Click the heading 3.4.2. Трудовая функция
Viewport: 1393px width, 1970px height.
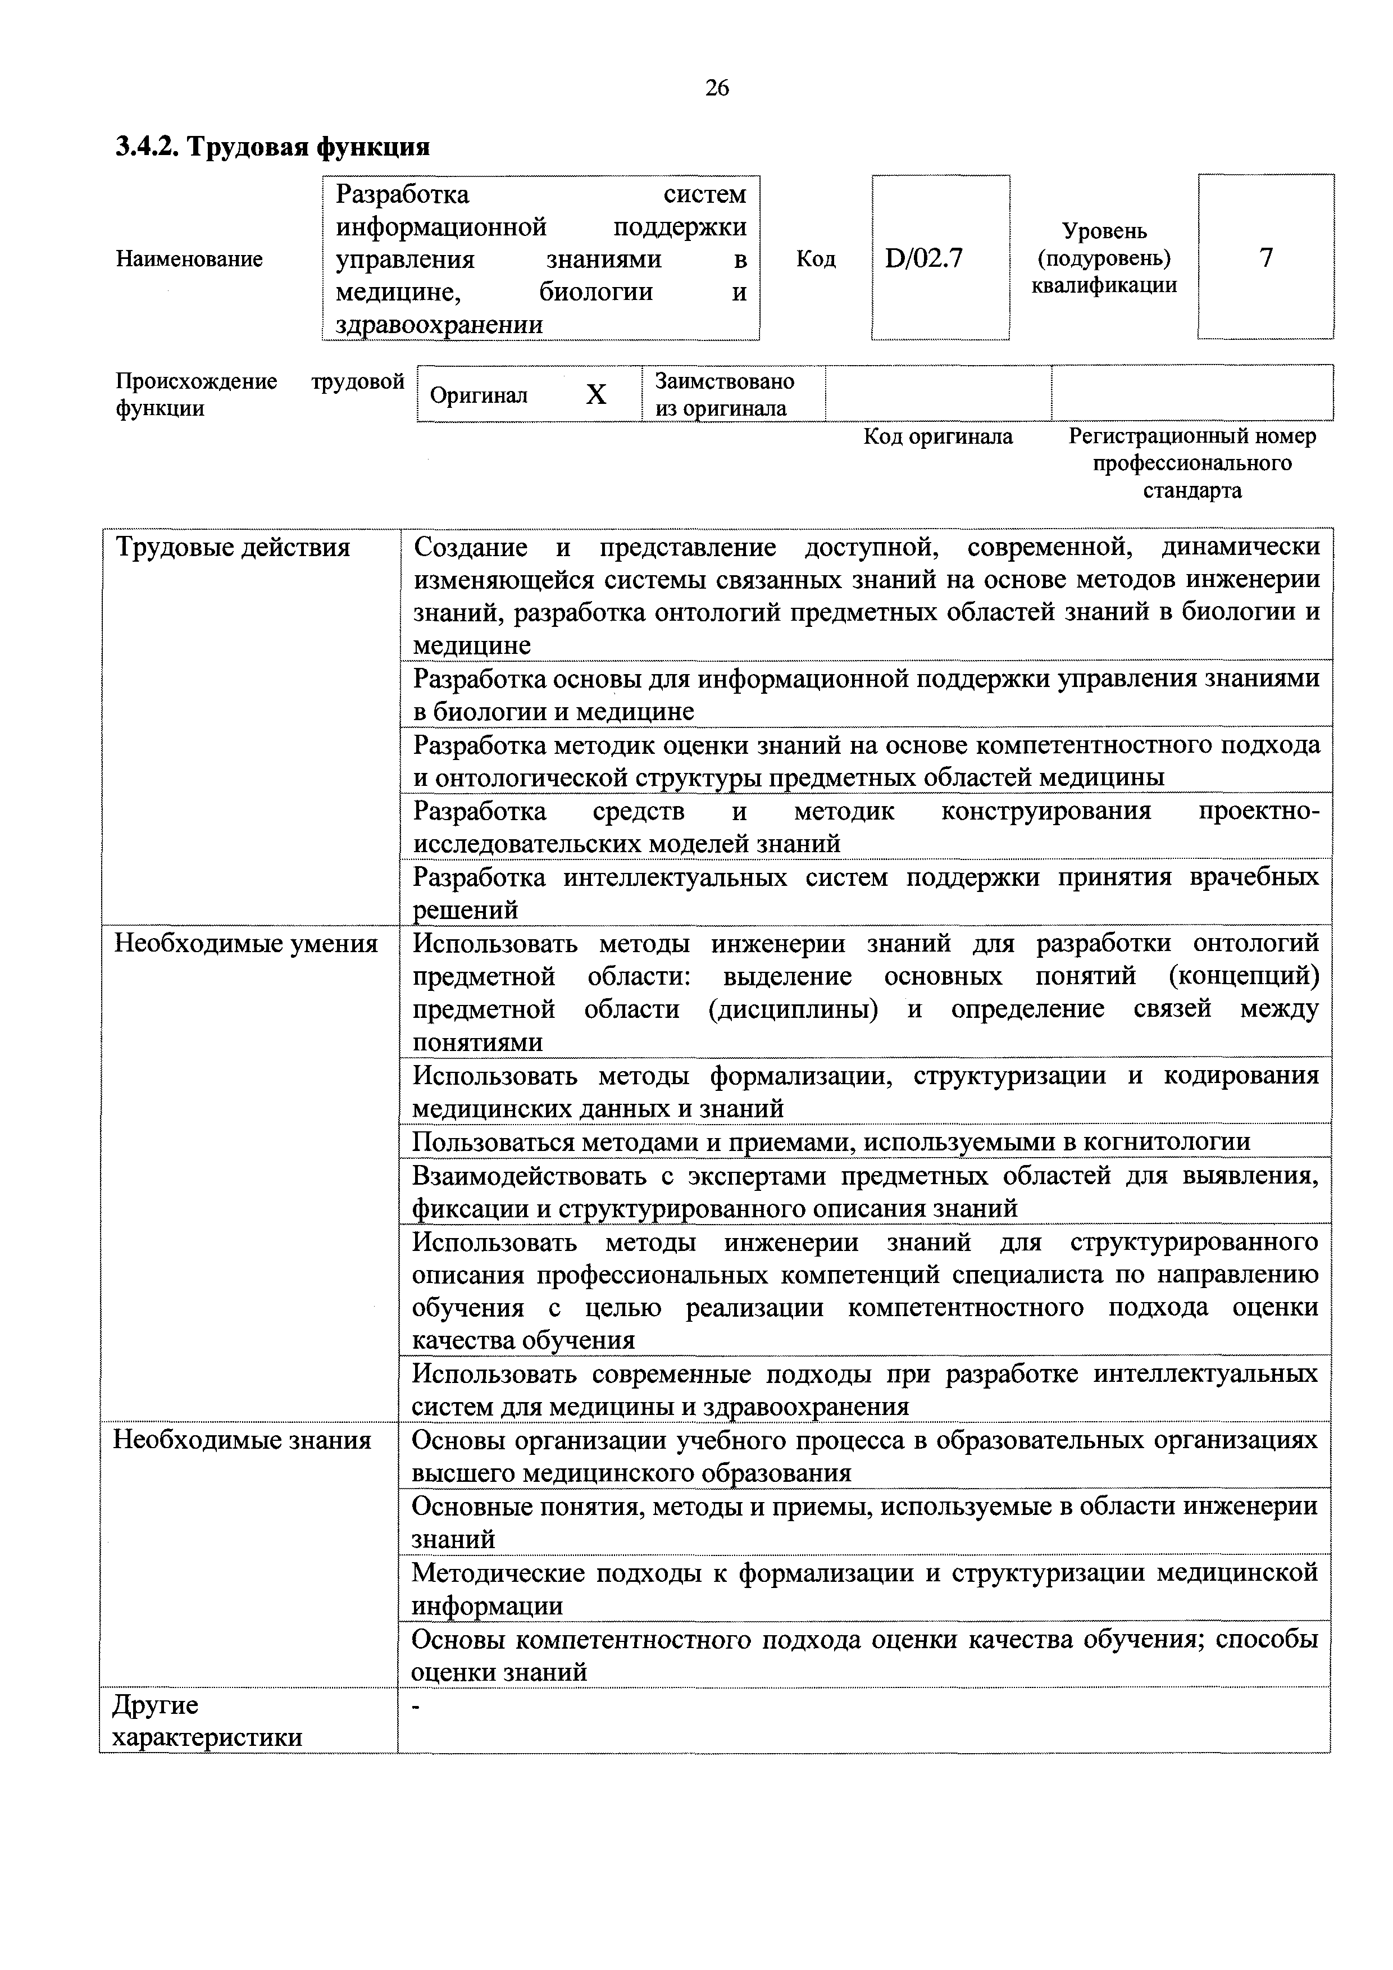(273, 148)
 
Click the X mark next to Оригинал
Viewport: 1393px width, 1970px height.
(595, 395)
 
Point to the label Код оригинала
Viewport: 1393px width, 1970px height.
(937, 436)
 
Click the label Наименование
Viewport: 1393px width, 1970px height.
(189, 259)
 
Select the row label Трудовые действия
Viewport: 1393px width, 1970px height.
(233, 548)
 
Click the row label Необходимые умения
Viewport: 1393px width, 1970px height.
(246, 944)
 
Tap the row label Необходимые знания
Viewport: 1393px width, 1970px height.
(243, 1440)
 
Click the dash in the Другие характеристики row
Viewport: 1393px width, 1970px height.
(418, 1708)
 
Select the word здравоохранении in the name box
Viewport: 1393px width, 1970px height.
(439, 324)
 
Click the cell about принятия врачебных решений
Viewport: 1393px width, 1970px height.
(866, 893)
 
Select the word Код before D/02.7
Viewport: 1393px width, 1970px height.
(816, 259)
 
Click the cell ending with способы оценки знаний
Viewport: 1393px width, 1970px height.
(864, 1655)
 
